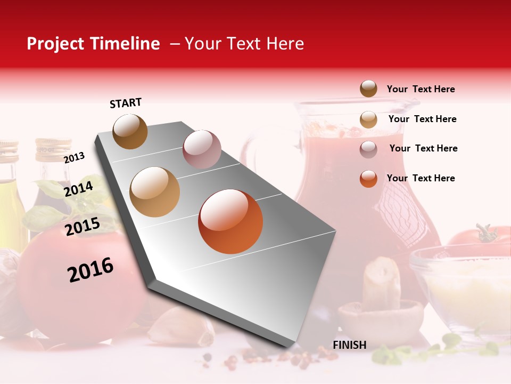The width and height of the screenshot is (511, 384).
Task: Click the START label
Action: coord(126,103)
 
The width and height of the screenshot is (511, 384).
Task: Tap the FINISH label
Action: coord(349,345)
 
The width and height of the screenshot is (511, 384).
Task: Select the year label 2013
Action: coord(74,157)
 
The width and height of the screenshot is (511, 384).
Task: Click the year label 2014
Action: coord(79,189)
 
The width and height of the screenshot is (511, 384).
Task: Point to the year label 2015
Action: coord(83,227)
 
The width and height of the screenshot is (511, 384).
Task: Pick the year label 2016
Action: coord(90,269)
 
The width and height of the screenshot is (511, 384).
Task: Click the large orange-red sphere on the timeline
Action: coord(230,221)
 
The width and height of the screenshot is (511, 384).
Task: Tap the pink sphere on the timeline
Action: coord(202,149)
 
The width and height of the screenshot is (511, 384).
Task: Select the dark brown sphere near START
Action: coord(130,131)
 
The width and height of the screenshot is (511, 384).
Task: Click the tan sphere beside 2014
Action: coord(154,192)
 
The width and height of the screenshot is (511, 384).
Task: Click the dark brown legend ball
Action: coord(368,89)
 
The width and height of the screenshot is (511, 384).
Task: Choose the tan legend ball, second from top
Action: coord(368,119)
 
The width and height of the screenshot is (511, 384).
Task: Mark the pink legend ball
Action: coord(368,149)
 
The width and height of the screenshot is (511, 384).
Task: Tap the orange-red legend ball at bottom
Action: coord(368,179)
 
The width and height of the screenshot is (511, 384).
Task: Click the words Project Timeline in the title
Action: coord(93,44)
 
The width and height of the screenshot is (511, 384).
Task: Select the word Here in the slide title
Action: coord(285,44)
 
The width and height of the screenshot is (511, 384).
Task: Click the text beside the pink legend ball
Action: coord(423,148)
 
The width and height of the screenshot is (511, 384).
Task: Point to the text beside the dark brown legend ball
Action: coord(421,89)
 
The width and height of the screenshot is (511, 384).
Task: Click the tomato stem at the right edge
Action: coord(485,234)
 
